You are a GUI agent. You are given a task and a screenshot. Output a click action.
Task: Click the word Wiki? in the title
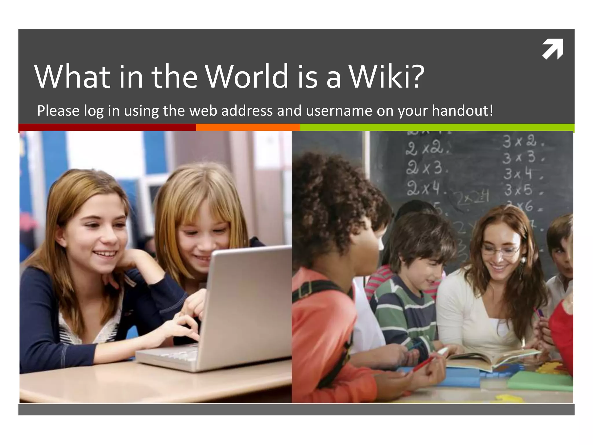pyautogui.click(x=387, y=76)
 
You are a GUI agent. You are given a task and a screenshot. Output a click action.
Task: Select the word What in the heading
pyautogui.click(x=72, y=76)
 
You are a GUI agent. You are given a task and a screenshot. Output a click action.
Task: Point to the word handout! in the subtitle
pyautogui.click(x=462, y=111)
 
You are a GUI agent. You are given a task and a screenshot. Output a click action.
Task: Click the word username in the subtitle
pyautogui.click(x=339, y=111)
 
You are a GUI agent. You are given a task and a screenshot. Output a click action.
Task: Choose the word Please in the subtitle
pyautogui.click(x=58, y=111)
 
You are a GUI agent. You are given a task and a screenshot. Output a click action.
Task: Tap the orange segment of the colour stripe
pyautogui.click(x=248, y=127)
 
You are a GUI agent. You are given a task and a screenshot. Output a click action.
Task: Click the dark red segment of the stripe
pyautogui.click(x=107, y=127)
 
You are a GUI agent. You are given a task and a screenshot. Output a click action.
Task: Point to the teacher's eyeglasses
pyautogui.click(x=500, y=250)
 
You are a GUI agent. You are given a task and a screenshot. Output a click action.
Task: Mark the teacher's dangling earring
pyautogui.click(x=523, y=261)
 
